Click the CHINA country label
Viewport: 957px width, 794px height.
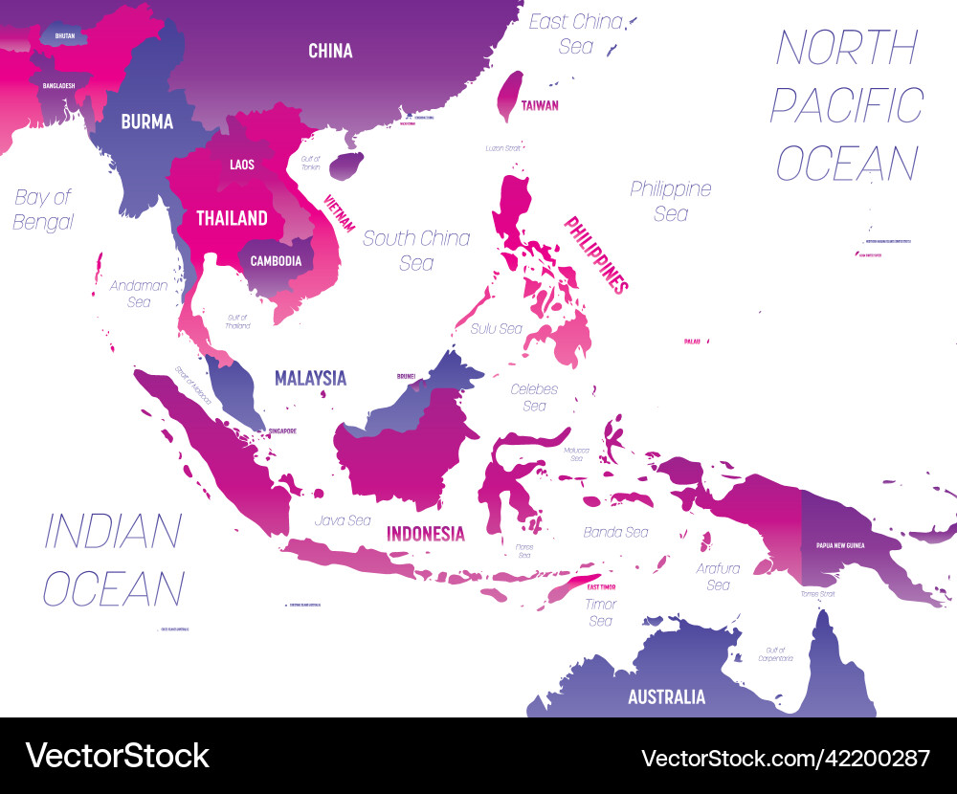click(330, 51)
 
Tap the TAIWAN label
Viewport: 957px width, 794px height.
click(540, 106)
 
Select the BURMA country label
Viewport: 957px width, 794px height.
click(146, 121)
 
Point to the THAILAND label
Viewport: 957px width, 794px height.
click(232, 218)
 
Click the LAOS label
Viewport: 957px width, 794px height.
click(242, 165)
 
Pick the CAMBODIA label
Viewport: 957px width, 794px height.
click(276, 260)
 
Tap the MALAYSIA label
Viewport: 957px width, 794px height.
click(310, 378)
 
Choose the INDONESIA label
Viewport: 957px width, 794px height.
click(425, 534)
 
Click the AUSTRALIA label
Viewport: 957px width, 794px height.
click(666, 696)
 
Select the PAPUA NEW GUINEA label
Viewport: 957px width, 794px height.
click(840, 545)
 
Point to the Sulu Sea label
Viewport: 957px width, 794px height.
click(496, 329)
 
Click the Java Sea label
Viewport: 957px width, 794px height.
click(342, 520)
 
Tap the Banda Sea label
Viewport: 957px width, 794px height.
click(615, 532)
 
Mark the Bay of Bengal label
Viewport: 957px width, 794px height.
click(43, 210)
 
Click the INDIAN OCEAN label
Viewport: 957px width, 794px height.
click(113, 560)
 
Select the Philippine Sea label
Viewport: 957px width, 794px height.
click(670, 201)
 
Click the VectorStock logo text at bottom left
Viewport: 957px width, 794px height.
click(117, 755)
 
